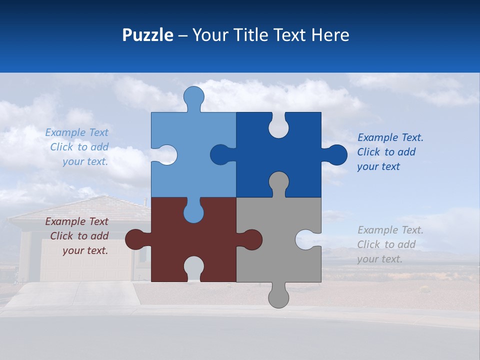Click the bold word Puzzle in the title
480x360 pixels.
point(147,35)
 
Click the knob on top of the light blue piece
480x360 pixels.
point(193,96)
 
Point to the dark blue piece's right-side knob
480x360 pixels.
point(336,155)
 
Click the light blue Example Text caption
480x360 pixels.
point(78,147)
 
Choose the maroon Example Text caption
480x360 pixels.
point(78,236)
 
